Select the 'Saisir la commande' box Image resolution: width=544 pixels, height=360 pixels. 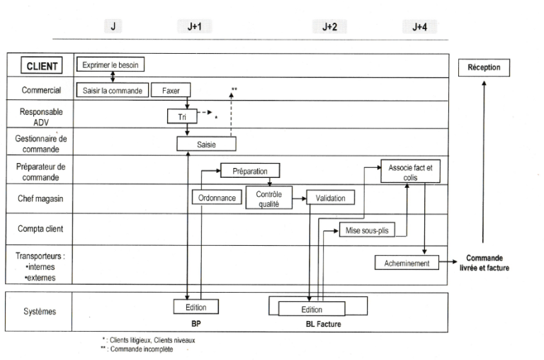[x=112, y=90]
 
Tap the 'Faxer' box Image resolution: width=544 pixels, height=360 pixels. [x=170, y=90]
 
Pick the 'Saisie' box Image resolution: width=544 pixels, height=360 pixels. [x=205, y=143]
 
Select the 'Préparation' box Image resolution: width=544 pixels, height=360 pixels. [x=250, y=170]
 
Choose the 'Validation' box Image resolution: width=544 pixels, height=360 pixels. [x=329, y=198]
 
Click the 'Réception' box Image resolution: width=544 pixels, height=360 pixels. [x=484, y=67]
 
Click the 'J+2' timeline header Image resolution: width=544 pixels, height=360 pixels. [x=329, y=27]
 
